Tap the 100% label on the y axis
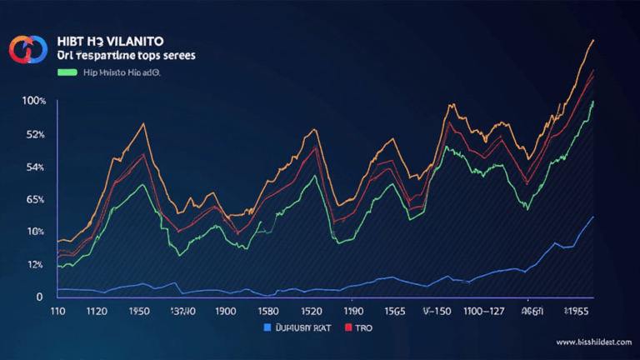pyautogui.click(x=34, y=101)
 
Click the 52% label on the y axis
pyautogui.click(x=34, y=134)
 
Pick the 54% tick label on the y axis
pyautogui.click(x=34, y=167)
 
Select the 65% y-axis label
pyautogui.click(x=34, y=200)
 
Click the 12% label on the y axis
pyautogui.click(x=34, y=265)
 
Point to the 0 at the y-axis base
pyautogui.click(x=38, y=297)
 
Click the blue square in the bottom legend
pyautogui.click(x=267, y=327)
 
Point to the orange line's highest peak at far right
pyautogui.click(x=592, y=40)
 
